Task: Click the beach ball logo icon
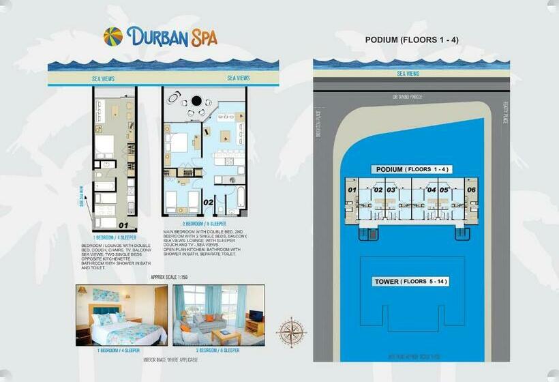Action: tap(113, 36)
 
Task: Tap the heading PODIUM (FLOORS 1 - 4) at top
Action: tap(412, 40)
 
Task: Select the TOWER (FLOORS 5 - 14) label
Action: tap(411, 282)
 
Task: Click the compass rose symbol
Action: tap(291, 332)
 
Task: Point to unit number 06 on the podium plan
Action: tap(472, 190)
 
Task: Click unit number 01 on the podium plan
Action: tap(352, 190)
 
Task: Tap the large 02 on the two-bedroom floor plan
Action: tap(209, 203)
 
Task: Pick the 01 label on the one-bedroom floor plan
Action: tap(123, 224)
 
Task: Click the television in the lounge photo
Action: tap(256, 317)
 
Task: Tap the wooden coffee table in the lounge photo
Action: tap(226, 335)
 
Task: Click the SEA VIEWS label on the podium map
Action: tap(408, 74)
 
